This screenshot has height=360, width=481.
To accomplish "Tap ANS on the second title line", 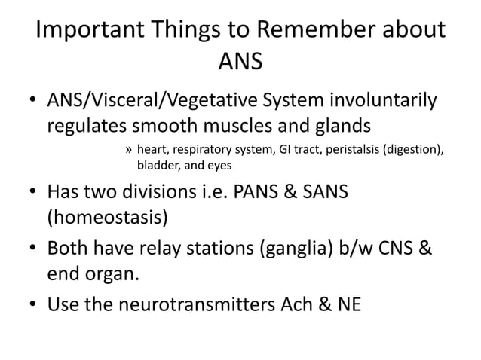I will click(240, 62).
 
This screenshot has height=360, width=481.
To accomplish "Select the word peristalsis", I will click(353, 149).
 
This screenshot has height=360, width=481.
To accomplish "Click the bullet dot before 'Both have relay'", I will click(33, 249).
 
